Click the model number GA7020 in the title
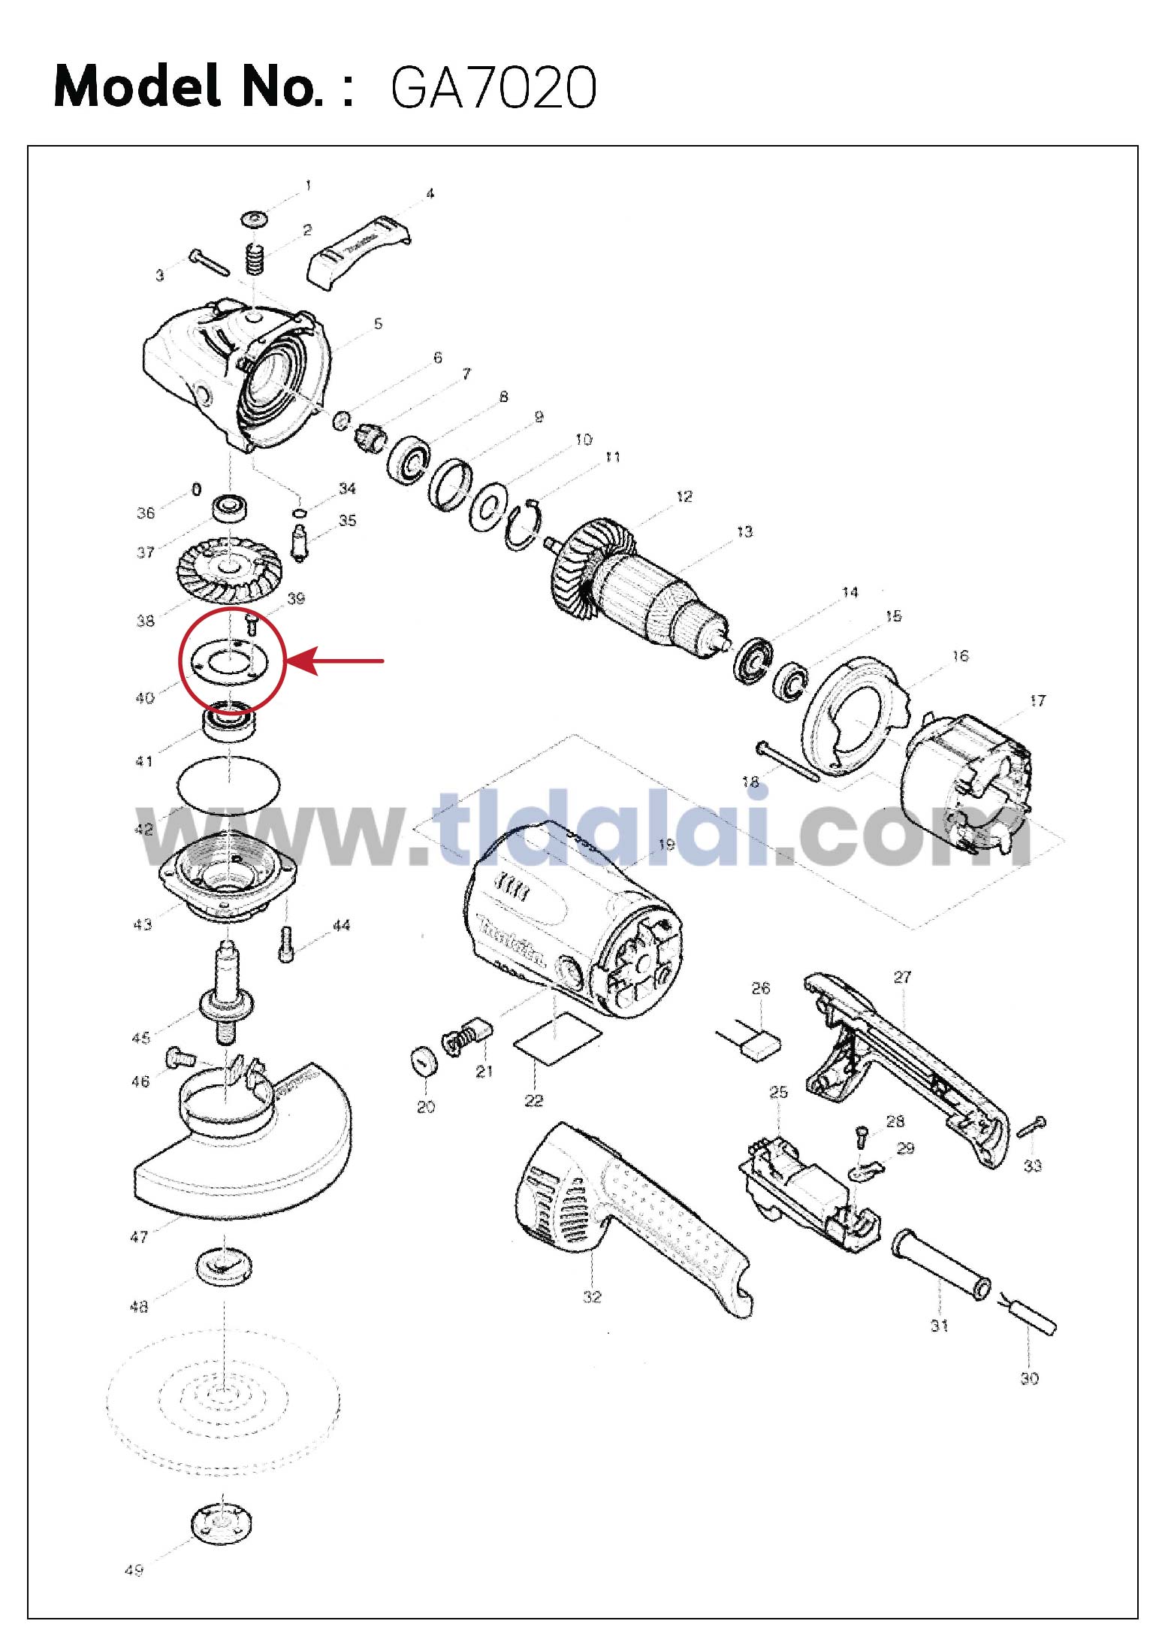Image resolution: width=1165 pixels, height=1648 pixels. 493,88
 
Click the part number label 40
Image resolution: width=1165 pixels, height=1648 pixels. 144,698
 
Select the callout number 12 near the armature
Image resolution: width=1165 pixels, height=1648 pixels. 684,497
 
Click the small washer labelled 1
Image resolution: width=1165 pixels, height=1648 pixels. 255,219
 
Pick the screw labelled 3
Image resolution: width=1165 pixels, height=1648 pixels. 209,262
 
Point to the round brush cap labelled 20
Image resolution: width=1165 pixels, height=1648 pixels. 425,1063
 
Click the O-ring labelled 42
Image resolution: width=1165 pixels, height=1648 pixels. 229,785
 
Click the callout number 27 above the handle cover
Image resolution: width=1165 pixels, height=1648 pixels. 902,977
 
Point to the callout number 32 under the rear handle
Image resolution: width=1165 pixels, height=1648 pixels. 592,1296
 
